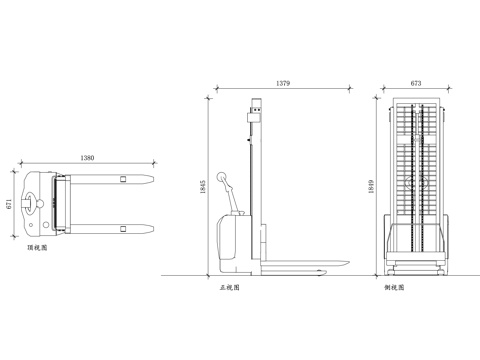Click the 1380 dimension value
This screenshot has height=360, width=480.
coord(87,158)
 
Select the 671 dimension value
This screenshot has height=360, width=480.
coord(9,204)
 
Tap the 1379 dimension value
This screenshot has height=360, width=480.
coord(283,83)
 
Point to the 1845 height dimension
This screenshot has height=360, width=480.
coord(203,187)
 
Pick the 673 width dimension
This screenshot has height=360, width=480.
coord(416,83)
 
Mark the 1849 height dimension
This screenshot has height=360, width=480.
coord(371,187)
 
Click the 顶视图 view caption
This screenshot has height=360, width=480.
coord(37,248)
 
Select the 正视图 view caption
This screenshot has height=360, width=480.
coord(230,287)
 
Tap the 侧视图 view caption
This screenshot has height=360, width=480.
coord(394,287)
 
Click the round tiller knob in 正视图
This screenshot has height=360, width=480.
coord(221,177)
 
